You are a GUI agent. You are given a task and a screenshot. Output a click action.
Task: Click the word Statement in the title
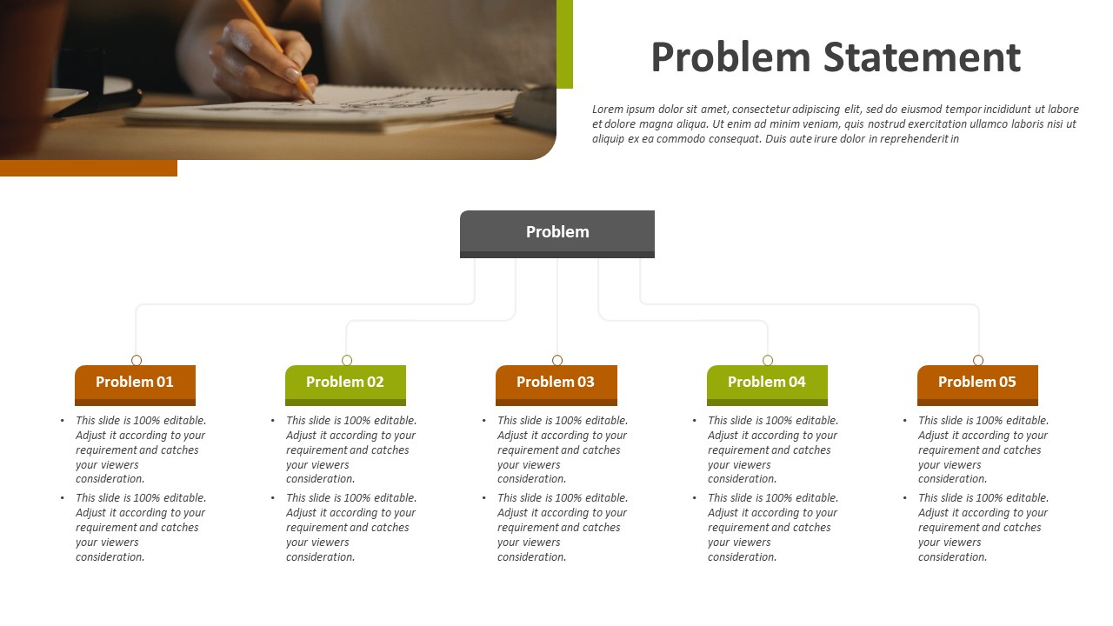922,57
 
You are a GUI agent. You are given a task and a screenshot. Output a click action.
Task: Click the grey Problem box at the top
557,234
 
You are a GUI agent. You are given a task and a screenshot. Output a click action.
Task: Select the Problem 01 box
135,385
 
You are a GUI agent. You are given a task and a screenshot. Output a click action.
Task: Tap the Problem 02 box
345,385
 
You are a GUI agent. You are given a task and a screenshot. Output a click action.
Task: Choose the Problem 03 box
556,385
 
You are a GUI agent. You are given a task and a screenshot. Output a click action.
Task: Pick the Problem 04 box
767,385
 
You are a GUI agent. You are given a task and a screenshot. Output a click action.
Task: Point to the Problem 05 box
977,385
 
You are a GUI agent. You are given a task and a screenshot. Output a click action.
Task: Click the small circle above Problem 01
137,360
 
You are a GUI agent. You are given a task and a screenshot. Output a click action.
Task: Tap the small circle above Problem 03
557,360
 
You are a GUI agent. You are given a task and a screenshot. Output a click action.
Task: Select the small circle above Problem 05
978,360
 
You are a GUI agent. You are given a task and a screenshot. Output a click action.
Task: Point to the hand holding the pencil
263,62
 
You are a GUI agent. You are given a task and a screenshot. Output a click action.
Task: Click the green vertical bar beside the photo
564,44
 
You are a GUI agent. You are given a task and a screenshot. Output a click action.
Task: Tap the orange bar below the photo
89,168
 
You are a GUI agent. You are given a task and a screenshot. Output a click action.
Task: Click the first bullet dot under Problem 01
62,421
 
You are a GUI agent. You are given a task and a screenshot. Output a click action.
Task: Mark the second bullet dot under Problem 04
695,498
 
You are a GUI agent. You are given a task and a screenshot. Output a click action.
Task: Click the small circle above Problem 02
347,360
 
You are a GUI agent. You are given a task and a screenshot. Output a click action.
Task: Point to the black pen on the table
97,104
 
